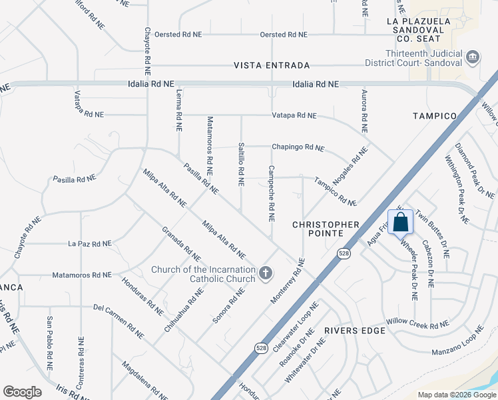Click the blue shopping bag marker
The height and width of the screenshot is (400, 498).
400,221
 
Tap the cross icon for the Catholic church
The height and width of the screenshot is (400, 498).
266,273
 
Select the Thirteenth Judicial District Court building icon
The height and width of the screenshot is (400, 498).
473,57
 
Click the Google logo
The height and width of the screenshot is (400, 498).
22,392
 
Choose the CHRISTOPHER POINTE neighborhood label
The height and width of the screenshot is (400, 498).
326,229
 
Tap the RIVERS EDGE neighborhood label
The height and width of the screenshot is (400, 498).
355,331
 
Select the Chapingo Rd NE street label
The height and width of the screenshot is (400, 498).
298,147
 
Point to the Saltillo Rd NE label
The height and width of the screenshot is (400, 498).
241,167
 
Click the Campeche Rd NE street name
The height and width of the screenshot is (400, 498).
271,193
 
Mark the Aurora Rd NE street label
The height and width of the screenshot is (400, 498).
364,111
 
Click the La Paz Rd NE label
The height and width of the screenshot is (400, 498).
89,244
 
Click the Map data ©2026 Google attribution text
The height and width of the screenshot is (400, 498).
456,395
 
